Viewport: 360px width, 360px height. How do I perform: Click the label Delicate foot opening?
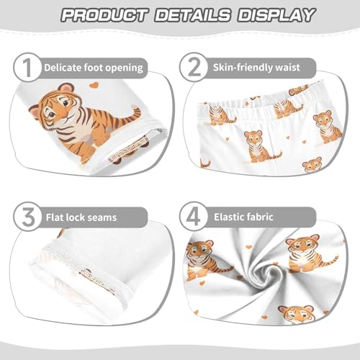click(x=94, y=68)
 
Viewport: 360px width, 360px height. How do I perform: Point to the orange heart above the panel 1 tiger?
click(x=93, y=86)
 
